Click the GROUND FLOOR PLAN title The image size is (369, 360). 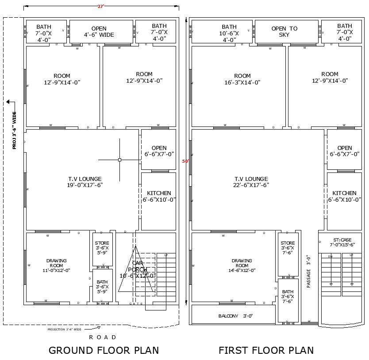pos(104,350)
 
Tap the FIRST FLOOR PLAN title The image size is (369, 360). pos(266,350)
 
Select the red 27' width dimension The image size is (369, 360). pos(101,6)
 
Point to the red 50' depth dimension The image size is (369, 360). pos(185,161)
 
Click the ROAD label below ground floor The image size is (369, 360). pos(103,337)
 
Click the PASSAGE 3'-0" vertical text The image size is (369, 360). pos(308,271)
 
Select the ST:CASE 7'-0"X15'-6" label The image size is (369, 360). pos(342,242)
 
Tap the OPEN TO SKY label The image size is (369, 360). pos(284,31)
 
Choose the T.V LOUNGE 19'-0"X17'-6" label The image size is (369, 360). pos(85,182)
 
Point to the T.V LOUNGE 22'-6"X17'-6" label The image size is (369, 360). pos(251,182)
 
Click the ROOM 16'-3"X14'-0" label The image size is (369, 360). pos(242,79)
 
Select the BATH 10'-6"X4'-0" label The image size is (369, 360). pos(229,33)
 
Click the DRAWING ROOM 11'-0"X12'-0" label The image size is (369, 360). pos(56,265)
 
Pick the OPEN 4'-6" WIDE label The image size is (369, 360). pos(99,31)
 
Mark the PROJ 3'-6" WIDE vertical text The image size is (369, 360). pos(14,130)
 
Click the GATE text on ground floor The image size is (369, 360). pos(136,304)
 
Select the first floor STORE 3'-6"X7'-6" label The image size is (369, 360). pos(288,248)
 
